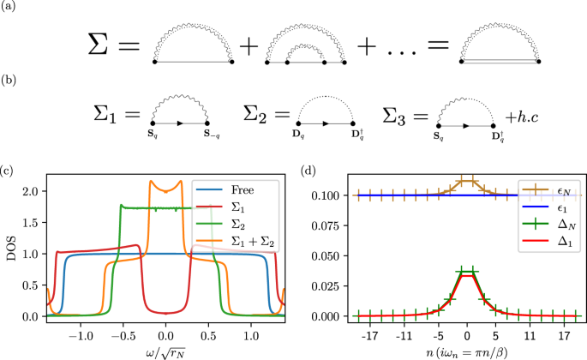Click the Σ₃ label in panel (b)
(401, 113)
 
